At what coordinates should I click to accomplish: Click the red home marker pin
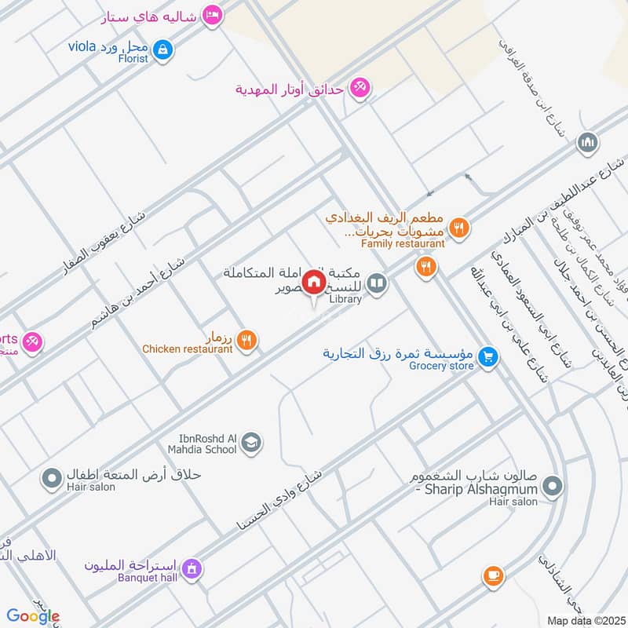tap(314, 281)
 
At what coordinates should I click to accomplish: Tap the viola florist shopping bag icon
tap(162, 49)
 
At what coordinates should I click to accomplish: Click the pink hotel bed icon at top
tap(211, 16)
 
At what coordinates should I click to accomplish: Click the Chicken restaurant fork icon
tap(246, 340)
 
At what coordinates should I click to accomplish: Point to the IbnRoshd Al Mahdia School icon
tap(251, 444)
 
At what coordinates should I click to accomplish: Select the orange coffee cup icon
tap(493, 575)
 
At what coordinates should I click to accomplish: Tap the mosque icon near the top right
tap(587, 143)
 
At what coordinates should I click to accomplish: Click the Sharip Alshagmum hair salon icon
tap(553, 487)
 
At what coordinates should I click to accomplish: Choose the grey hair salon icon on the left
tap(52, 476)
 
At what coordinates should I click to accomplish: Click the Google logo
tap(32, 616)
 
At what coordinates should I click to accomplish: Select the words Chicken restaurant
tap(187, 349)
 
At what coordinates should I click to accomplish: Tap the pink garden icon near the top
tap(360, 88)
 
